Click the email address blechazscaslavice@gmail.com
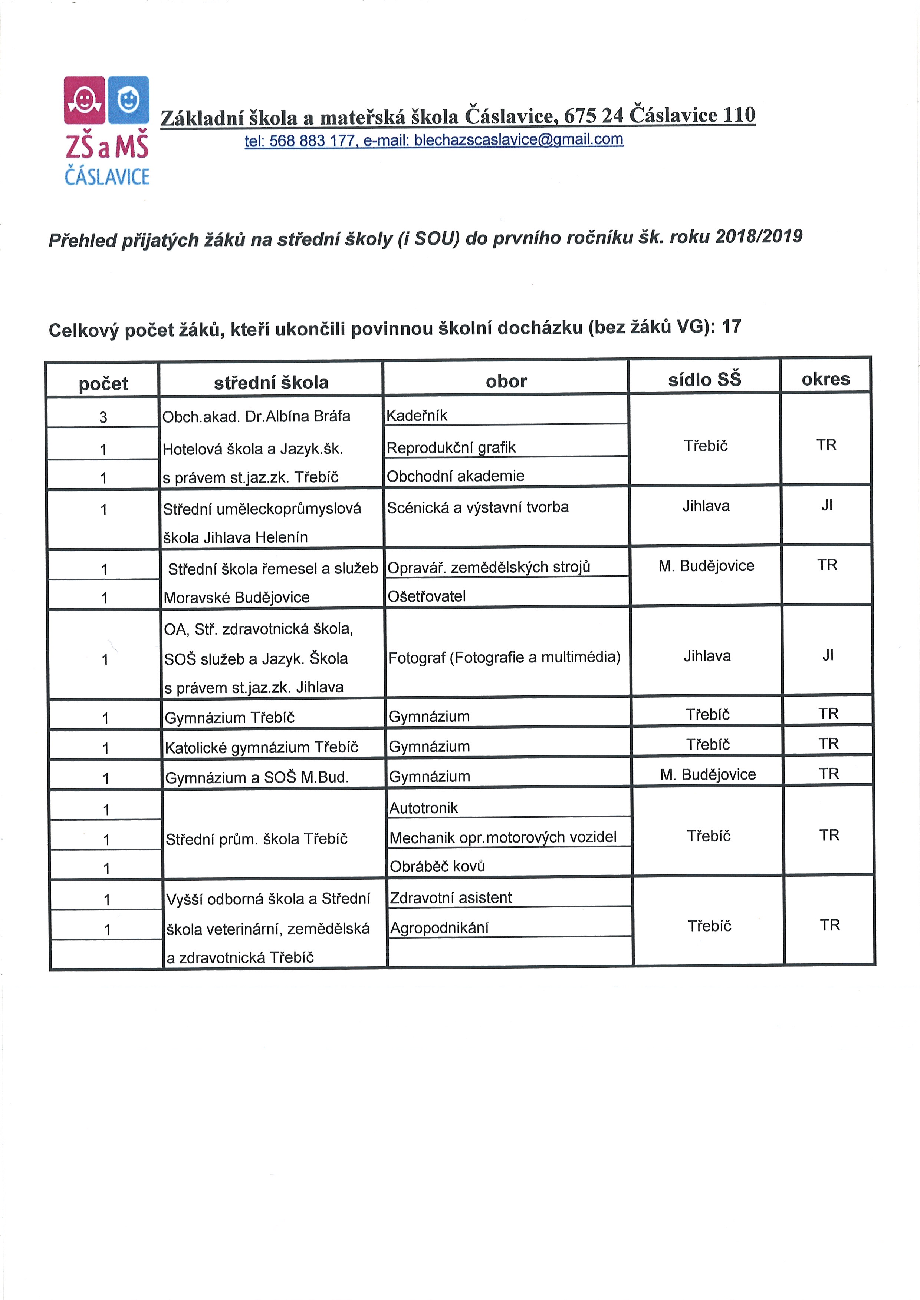pos(518,139)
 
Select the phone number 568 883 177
pos(312,141)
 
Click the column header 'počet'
pos(103,383)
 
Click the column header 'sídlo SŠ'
pos(704,379)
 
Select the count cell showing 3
pos(103,417)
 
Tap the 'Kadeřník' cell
pos(417,416)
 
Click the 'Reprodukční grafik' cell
pos(451,447)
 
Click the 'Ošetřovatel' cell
pos(427,596)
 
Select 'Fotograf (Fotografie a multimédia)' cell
pos(504,657)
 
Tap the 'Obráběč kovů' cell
pos(437,866)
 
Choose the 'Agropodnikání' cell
pos(439,927)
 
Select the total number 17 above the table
pos(731,326)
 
